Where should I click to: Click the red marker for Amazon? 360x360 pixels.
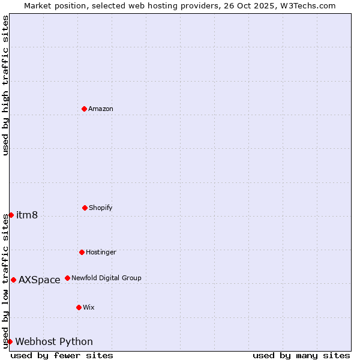(x=84, y=109)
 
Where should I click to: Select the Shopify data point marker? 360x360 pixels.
(x=85, y=208)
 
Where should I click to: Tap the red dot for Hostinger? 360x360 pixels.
(x=82, y=252)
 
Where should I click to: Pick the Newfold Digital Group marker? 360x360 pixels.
(x=67, y=278)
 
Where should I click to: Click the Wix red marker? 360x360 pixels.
(x=79, y=307)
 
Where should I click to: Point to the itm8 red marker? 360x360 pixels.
(x=11, y=215)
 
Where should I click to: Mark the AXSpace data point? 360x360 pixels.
(x=13, y=280)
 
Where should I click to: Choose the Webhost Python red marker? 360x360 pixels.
(x=10, y=341)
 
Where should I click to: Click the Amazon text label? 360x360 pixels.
(x=101, y=109)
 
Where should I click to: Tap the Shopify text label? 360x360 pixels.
(x=101, y=208)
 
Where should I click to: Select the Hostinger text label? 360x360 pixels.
(x=101, y=252)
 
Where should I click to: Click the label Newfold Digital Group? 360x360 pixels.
(x=107, y=278)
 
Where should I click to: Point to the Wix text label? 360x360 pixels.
(x=89, y=307)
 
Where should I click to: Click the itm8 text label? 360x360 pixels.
(x=27, y=215)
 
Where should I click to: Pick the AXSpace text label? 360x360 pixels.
(x=40, y=280)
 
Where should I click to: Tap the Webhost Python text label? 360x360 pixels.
(x=54, y=342)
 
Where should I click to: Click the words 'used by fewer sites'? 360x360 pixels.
(x=62, y=355)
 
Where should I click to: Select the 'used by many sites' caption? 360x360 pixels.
(x=301, y=355)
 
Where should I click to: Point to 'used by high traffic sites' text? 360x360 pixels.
(x=5, y=85)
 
